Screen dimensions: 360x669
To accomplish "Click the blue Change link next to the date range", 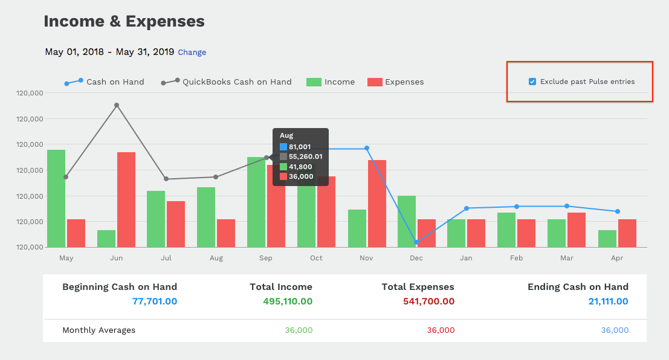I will (192, 53).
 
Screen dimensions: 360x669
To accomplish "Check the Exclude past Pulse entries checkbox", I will (532, 82).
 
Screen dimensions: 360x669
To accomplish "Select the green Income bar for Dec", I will (406, 221).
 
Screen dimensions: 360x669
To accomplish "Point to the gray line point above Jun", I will (117, 105).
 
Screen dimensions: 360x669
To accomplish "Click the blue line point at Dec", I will (416, 242).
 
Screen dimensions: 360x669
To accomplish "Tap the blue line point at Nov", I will (367, 148).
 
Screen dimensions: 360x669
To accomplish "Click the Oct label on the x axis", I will (316, 259).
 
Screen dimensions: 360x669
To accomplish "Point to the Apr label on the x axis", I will (617, 259).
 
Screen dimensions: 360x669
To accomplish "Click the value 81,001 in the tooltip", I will (300, 147).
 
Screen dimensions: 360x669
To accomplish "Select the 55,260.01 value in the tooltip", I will (305, 156).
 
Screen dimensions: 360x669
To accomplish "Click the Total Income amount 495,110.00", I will (288, 301).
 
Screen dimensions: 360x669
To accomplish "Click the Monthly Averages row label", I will (99, 330).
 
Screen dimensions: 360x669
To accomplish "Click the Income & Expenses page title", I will (124, 22).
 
